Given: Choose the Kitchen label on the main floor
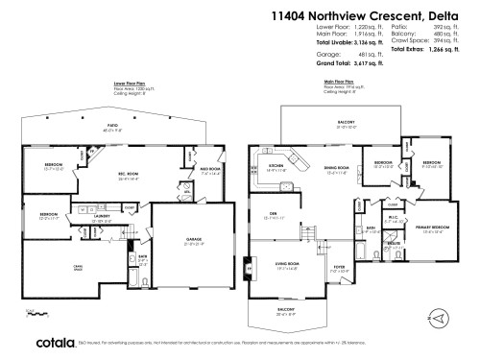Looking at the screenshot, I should [x=276, y=167].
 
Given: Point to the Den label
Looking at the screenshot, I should [x=273, y=213].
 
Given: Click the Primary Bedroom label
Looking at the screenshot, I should [x=432, y=228].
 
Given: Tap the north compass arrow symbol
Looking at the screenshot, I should [x=438, y=316].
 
